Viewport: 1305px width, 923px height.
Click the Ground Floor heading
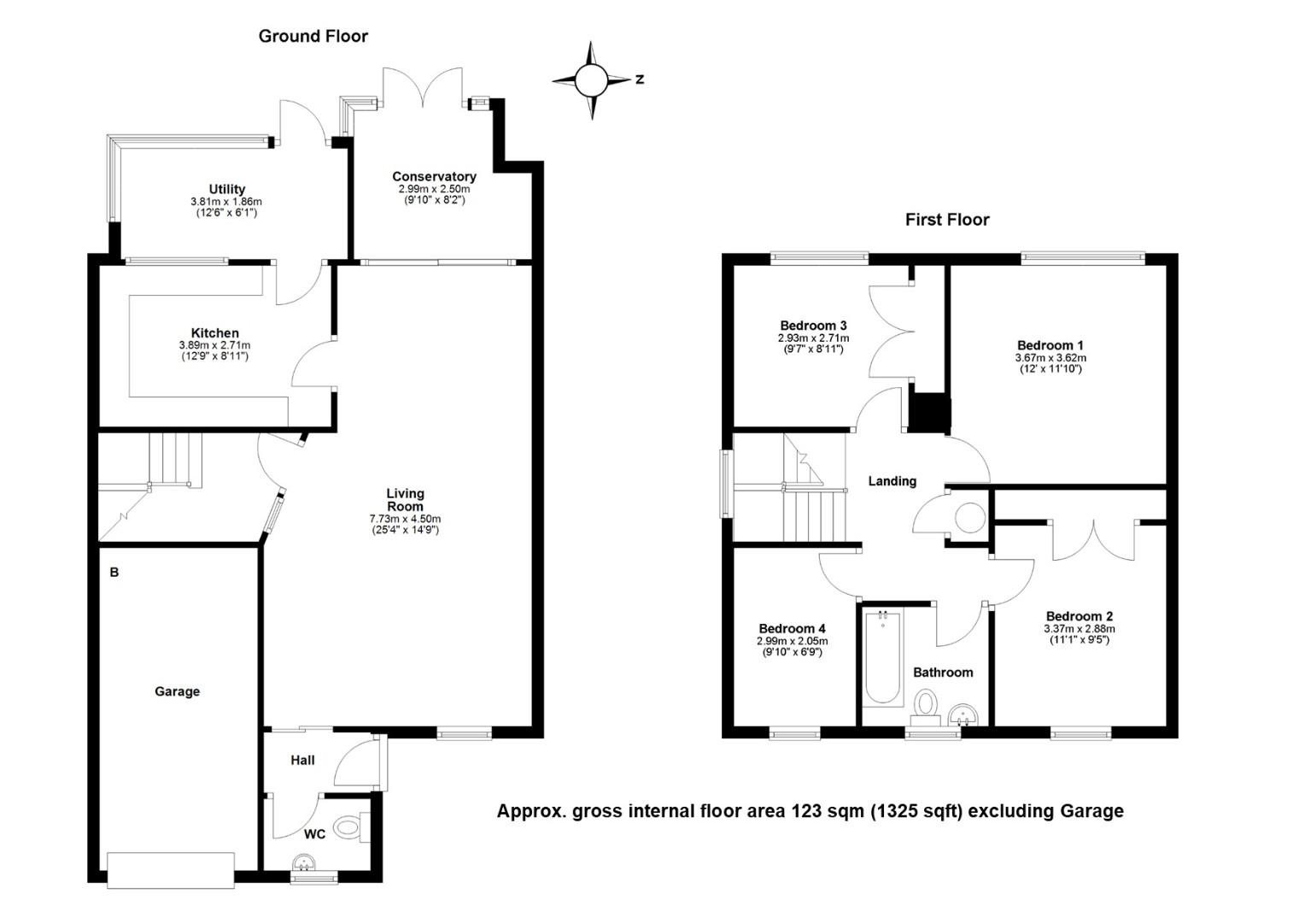(x=313, y=36)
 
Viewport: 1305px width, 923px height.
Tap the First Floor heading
(x=947, y=220)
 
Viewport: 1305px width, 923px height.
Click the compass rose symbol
(x=592, y=80)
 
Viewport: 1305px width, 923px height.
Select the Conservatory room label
(x=434, y=176)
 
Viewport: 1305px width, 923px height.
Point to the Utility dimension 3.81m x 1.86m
(x=226, y=202)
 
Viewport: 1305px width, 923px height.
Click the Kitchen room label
(x=215, y=333)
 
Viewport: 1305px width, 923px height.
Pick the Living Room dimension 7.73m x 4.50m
(x=405, y=519)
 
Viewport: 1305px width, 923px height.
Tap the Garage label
(x=177, y=691)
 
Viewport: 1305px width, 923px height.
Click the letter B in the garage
(x=114, y=573)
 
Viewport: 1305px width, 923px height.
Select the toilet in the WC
(x=351, y=826)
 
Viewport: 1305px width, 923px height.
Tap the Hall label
(x=302, y=761)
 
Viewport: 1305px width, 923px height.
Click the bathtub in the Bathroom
(x=883, y=658)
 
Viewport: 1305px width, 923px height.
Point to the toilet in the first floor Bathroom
(x=925, y=704)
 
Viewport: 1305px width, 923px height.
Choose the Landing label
(x=892, y=481)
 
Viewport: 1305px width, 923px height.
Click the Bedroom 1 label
(x=1050, y=345)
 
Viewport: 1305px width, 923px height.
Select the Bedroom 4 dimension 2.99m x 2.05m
(x=793, y=641)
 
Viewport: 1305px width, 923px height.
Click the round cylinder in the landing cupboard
(x=970, y=517)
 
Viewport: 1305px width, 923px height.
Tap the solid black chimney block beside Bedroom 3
(x=930, y=415)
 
